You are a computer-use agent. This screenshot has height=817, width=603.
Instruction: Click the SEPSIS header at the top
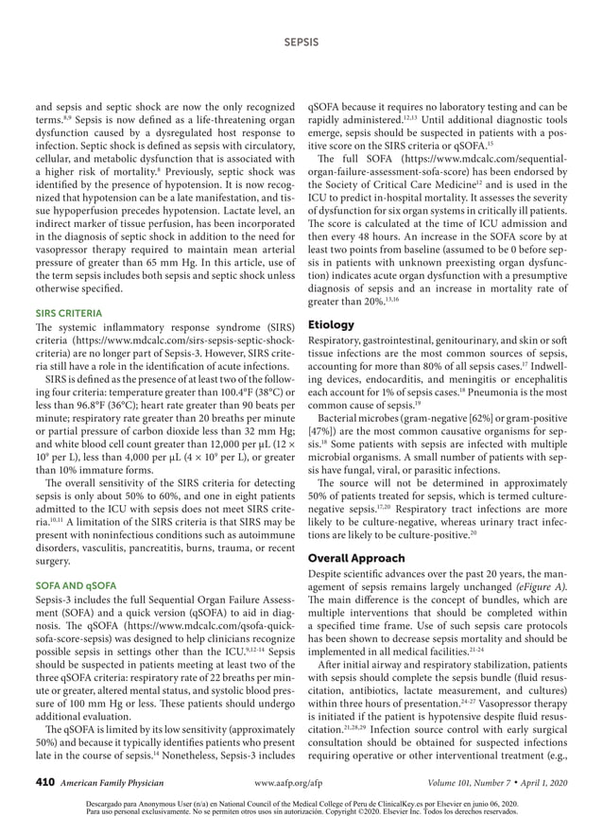[301, 43]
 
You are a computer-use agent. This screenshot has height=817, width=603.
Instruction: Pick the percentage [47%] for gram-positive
[326, 431]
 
